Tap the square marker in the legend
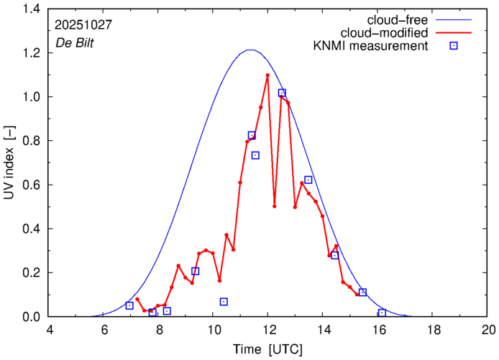454,47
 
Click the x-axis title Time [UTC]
267,350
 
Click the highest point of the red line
267,75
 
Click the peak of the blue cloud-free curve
249,50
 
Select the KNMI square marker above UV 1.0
282,93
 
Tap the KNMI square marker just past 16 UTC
382,313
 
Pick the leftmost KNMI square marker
129,305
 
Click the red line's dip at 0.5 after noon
275,206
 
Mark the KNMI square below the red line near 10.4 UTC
224,302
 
